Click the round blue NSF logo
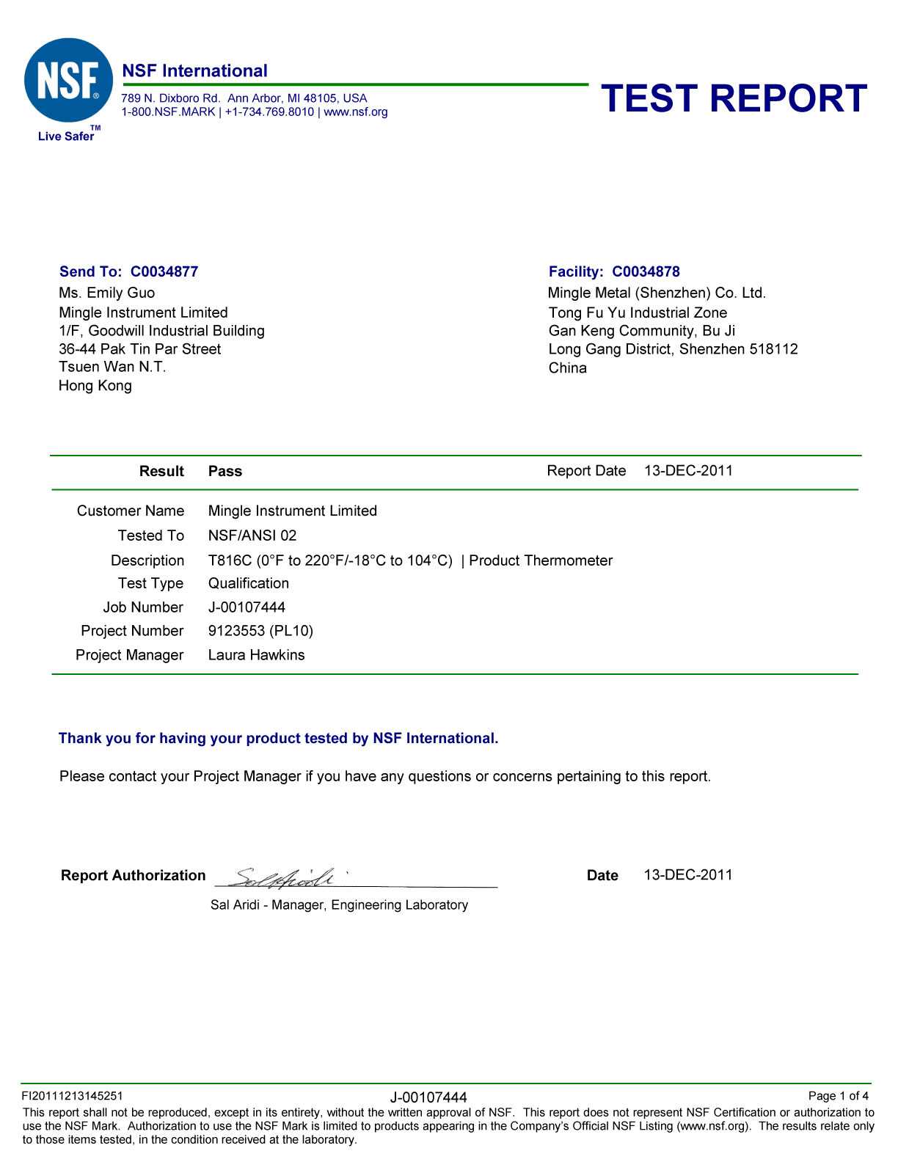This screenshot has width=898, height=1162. (x=68, y=81)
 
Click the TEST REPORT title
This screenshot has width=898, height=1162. (x=734, y=98)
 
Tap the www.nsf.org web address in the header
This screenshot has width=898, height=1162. (x=356, y=112)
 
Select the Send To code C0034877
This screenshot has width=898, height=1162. (x=164, y=271)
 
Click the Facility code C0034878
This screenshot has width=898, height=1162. (x=646, y=271)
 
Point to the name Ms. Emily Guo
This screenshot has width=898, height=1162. (x=107, y=293)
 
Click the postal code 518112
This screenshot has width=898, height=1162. (x=773, y=349)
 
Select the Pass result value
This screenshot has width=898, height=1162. (x=225, y=471)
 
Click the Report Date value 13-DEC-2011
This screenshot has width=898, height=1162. (x=688, y=471)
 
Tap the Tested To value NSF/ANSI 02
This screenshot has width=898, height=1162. (x=252, y=536)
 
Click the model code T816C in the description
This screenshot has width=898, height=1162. (x=230, y=560)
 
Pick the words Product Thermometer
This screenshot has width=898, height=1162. (x=541, y=560)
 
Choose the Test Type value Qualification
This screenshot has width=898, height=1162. (x=249, y=583)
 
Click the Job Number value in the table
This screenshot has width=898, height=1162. (x=247, y=607)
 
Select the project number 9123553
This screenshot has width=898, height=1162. (x=236, y=631)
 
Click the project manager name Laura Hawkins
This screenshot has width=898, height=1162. (x=256, y=655)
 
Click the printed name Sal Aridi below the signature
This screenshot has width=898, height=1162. (x=235, y=905)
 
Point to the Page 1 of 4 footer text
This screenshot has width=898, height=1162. (x=838, y=1096)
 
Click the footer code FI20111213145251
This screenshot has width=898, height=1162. (x=73, y=1096)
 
